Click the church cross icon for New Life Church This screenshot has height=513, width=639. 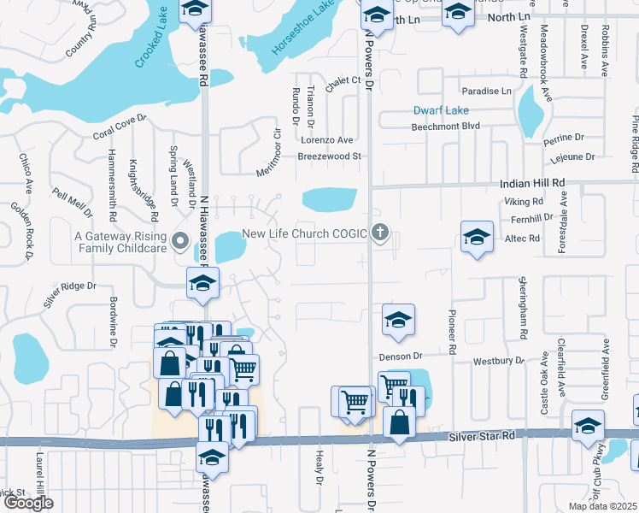pos(380,233)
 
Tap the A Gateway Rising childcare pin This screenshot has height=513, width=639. pos(180,241)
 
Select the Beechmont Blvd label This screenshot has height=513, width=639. pos(445,126)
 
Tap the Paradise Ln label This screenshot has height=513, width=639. pos(486,91)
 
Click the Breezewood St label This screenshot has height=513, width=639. pos(331,156)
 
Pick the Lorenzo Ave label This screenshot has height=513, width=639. pos(325,140)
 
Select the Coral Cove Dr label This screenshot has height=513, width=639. pos(120,128)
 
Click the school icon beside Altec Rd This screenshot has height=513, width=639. pos(477,237)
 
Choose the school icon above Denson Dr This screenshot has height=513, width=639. pos(398,320)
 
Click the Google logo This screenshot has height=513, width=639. pos(28,504)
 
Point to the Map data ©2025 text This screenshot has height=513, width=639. pos(601,506)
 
